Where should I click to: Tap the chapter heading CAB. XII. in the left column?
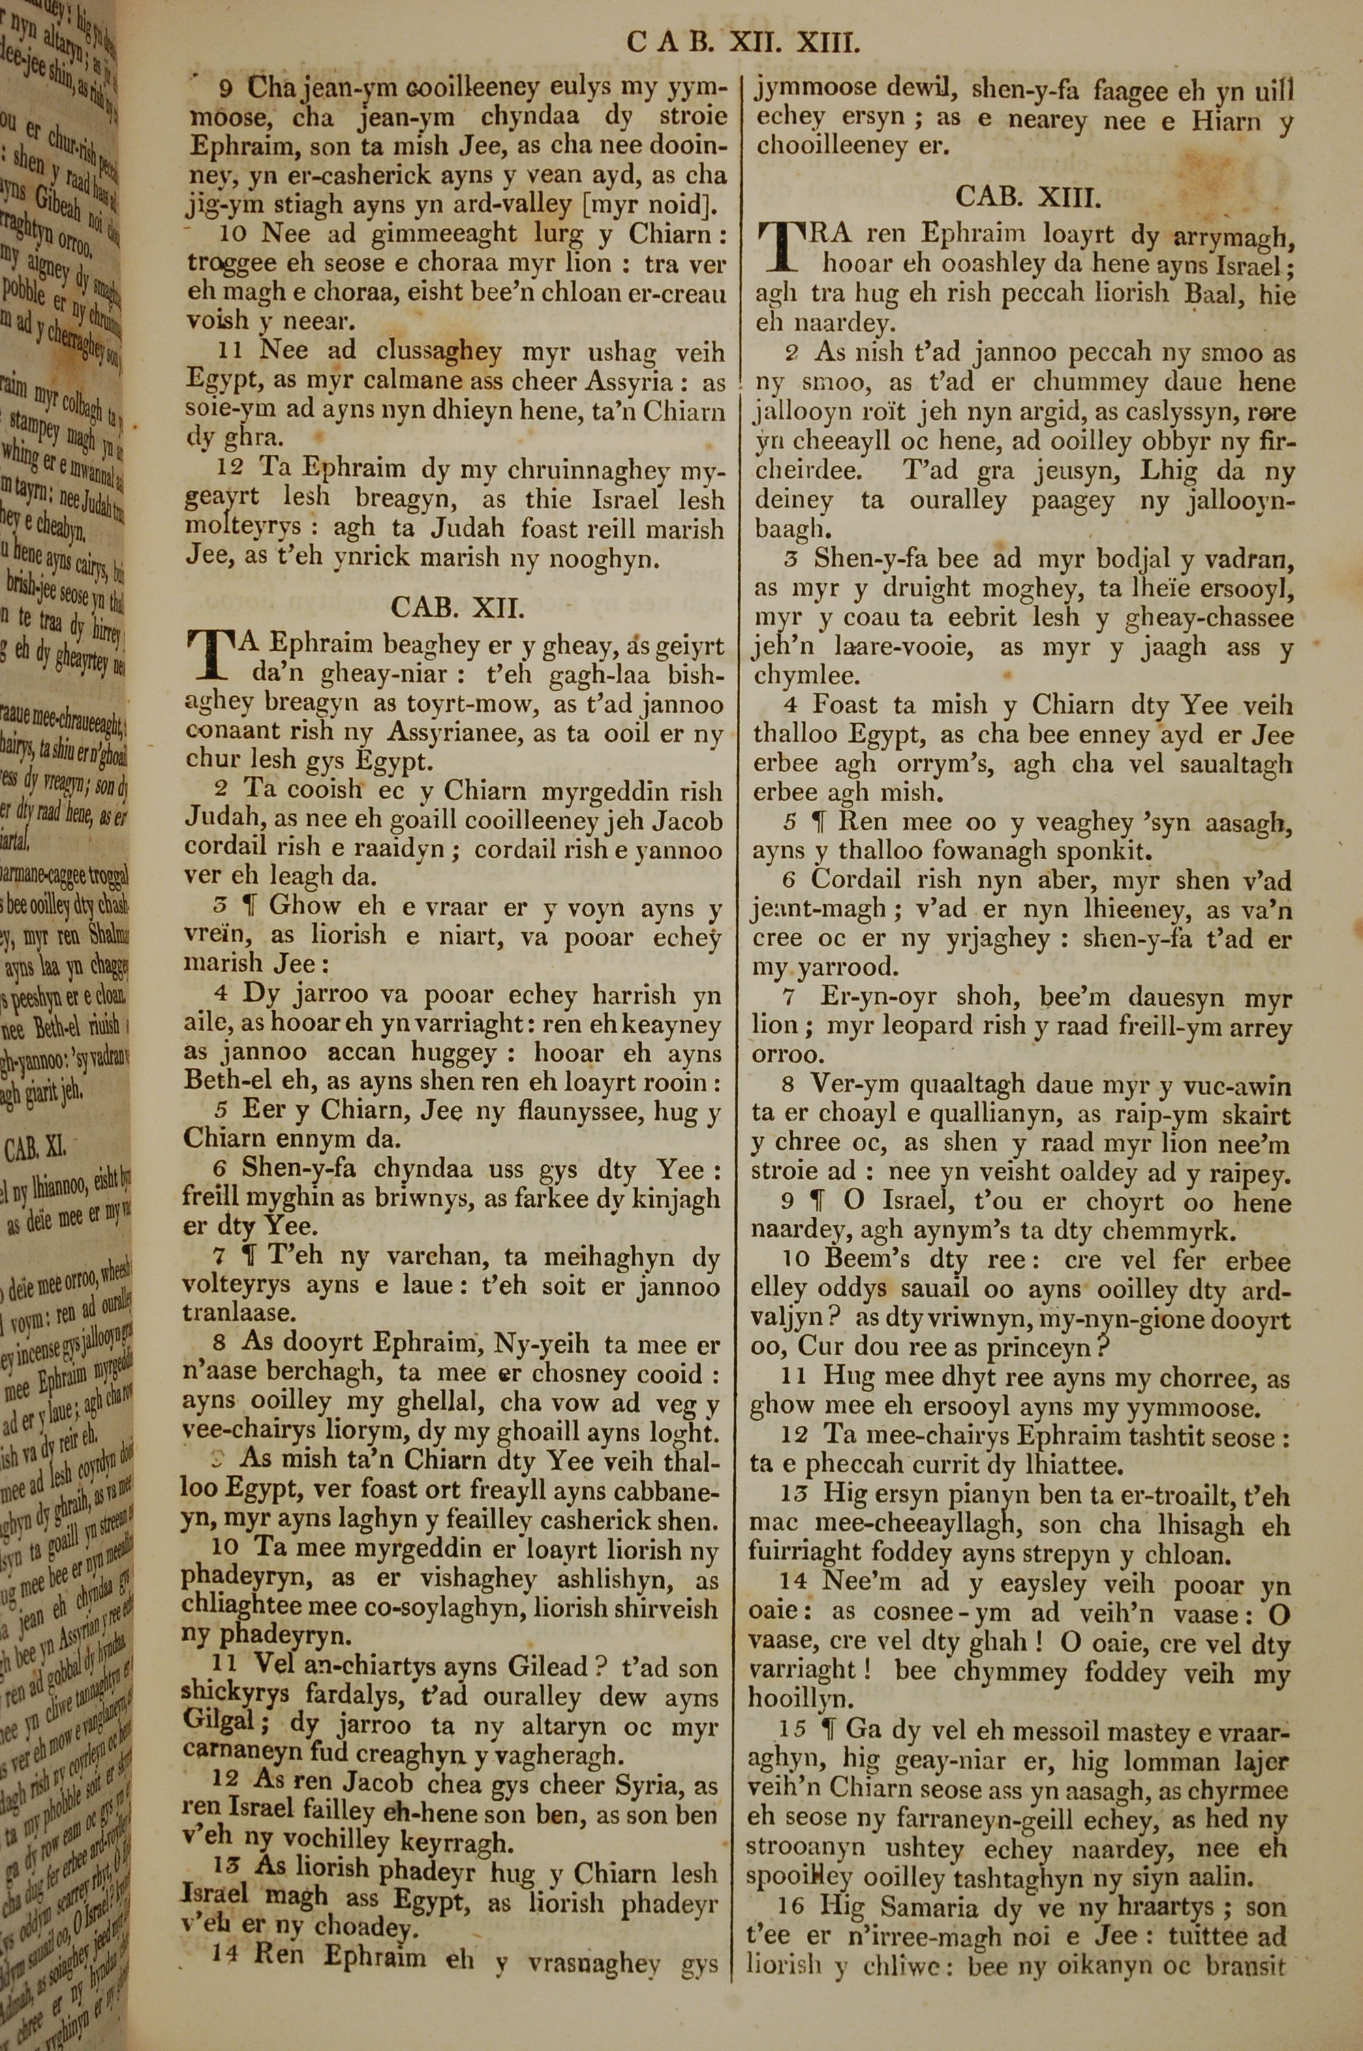(x=457, y=606)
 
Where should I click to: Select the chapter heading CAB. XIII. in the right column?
(x=1028, y=196)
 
